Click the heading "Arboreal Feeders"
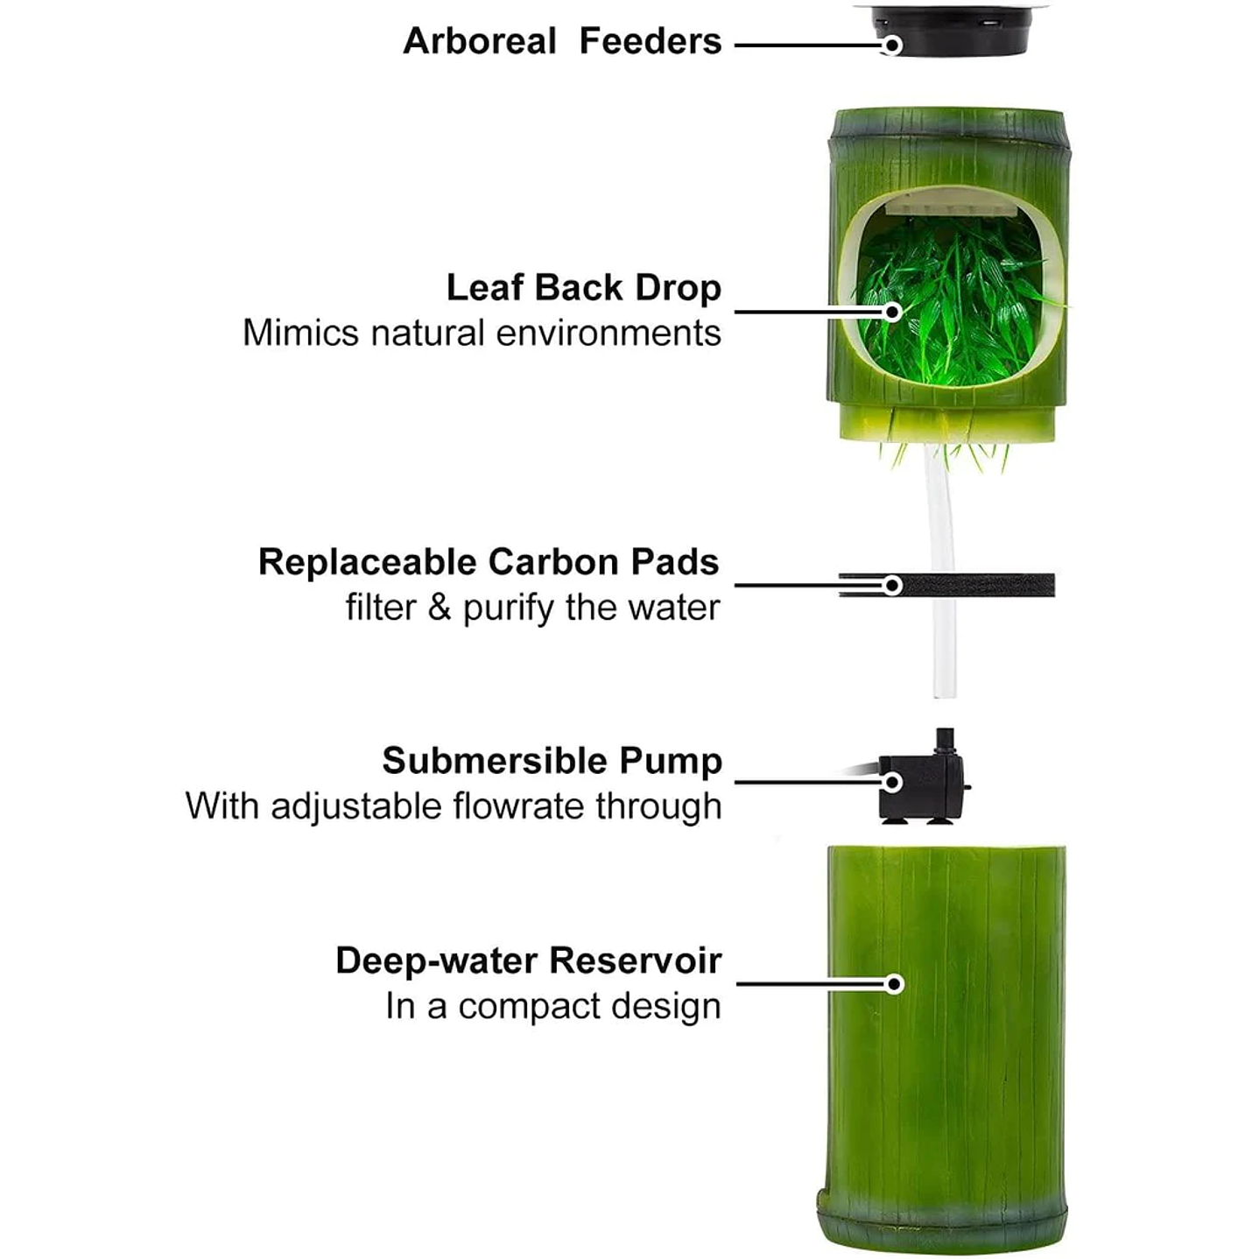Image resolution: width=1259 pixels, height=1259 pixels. pyautogui.click(x=562, y=41)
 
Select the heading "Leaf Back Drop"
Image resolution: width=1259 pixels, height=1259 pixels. pyautogui.click(x=583, y=288)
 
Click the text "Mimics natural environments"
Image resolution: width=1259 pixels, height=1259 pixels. pyautogui.click(x=482, y=334)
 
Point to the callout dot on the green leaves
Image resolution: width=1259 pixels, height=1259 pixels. pyautogui.click(x=892, y=313)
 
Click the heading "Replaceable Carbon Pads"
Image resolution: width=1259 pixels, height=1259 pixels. pyautogui.click(x=489, y=562)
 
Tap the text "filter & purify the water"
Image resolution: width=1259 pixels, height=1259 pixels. pyautogui.click(x=532, y=608)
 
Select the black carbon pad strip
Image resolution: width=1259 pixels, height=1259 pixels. pyautogui.click(x=946, y=586)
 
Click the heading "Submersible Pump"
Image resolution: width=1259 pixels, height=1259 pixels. pyautogui.click(x=552, y=761)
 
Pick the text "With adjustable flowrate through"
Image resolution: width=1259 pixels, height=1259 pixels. pyautogui.click(x=454, y=806)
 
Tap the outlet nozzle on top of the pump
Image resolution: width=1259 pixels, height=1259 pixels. pyautogui.click(x=945, y=742)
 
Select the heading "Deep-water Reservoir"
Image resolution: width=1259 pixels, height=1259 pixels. pyautogui.click(x=529, y=961)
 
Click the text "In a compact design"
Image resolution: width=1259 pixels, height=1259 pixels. pyautogui.click(x=553, y=1006)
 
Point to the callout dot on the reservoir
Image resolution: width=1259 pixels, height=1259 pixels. pyautogui.click(x=895, y=984)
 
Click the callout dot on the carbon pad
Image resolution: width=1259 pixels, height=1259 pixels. pyautogui.click(x=892, y=586)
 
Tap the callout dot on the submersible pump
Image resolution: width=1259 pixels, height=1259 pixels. pyautogui.click(x=892, y=782)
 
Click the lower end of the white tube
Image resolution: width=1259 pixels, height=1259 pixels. pyautogui.click(x=945, y=696)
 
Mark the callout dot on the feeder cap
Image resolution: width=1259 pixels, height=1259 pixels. pyautogui.click(x=892, y=45)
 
